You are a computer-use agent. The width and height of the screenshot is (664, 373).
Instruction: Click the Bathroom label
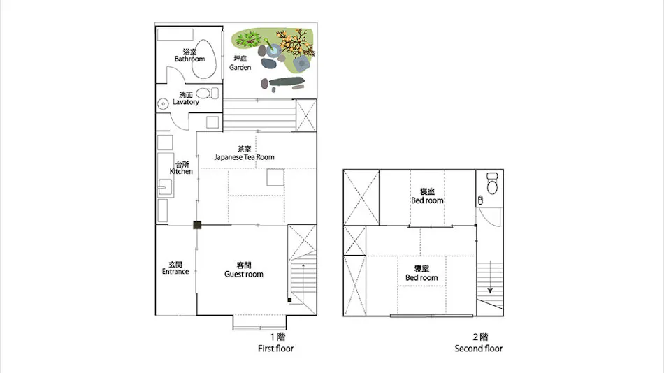(x=189, y=55)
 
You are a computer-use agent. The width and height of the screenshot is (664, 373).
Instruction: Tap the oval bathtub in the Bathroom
(x=204, y=59)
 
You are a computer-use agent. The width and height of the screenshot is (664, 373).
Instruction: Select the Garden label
(x=240, y=63)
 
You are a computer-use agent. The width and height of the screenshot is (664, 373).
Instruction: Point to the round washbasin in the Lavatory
(x=163, y=104)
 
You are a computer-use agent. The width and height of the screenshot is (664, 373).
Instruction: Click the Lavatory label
(x=186, y=98)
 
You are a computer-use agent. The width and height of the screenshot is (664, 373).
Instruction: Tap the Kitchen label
(x=181, y=168)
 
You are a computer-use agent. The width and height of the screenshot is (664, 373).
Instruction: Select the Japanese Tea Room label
(x=245, y=153)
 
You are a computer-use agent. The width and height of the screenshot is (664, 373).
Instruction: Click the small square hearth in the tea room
(x=275, y=177)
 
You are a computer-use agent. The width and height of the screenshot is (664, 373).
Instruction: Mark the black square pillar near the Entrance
(x=197, y=225)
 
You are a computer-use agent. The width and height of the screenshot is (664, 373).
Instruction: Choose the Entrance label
(x=175, y=268)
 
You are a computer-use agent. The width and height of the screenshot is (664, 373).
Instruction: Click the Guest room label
(x=244, y=270)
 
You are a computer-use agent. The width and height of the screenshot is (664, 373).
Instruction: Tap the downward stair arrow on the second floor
(x=490, y=277)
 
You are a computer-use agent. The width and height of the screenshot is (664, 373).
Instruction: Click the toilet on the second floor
(x=492, y=183)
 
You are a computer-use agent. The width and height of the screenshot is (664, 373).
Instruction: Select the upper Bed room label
(x=427, y=196)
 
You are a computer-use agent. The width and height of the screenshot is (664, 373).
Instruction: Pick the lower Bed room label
(x=421, y=273)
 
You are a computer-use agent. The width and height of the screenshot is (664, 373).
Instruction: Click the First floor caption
(x=275, y=349)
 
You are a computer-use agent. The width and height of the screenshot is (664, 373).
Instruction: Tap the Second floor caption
(x=479, y=349)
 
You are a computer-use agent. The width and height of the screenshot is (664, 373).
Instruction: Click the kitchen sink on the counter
(x=165, y=187)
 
